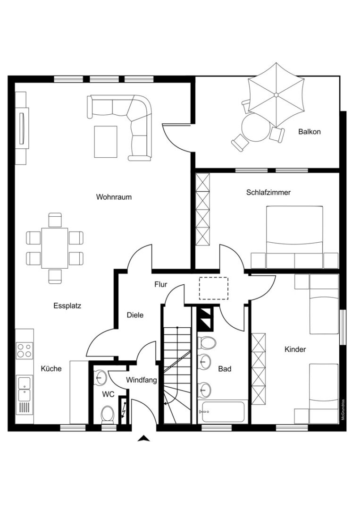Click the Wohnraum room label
[114, 197]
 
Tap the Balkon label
[310, 132]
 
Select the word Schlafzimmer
[268, 192]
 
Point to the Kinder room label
[295, 349]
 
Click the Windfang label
[142, 380]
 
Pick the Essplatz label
[67, 306]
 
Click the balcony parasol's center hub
[276, 95]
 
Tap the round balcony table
[256, 127]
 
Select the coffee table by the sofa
[106, 142]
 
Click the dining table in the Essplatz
[55, 248]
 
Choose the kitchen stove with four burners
[25, 350]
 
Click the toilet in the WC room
[108, 415]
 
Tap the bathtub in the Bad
[223, 412]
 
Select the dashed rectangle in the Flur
[213, 288]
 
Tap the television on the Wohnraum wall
[22, 128]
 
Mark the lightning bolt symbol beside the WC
[124, 410]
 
